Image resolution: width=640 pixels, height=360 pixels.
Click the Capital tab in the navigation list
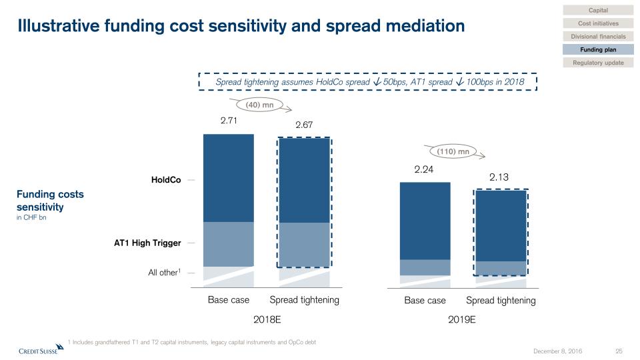coord(598,10)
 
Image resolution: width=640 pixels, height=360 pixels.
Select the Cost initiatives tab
coord(598,23)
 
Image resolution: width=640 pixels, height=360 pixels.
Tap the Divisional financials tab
coord(598,36)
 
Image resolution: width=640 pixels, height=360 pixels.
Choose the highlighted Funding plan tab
coord(598,49)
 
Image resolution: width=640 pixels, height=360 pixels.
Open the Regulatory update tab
coord(598,63)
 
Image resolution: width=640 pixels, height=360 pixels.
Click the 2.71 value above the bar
coord(229,121)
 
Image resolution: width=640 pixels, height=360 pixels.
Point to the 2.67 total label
coord(304,125)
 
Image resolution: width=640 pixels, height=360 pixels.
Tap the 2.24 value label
coord(424,170)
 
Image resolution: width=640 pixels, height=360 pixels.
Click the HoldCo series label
coord(165,180)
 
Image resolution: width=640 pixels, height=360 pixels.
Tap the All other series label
coord(163,273)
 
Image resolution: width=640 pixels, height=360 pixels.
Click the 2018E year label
coord(267,319)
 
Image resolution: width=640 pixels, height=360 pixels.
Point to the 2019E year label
coord(462,319)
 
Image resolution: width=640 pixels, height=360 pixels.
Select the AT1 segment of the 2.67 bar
coord(304,245)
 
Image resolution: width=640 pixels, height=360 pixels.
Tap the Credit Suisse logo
coord(37,350)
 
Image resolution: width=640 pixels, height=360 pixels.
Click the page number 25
coord(618,351)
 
